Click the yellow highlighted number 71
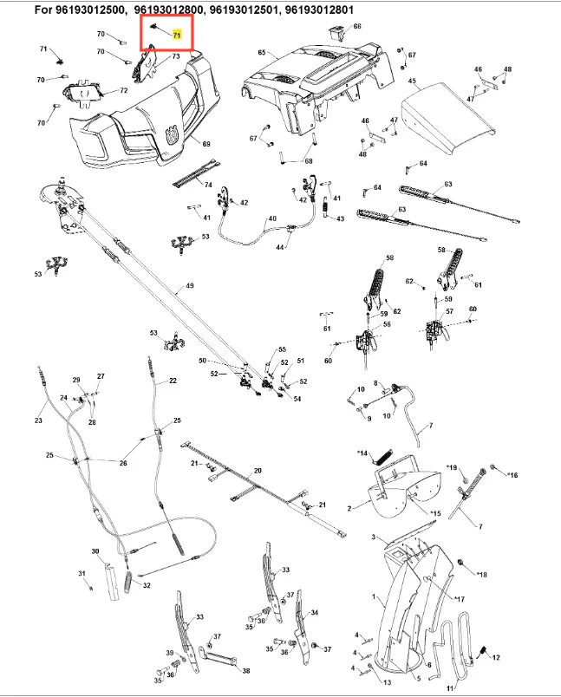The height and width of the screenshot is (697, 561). [178, 36]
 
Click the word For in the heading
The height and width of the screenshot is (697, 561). [19, 10]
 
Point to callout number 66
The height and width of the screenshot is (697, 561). [357, 27]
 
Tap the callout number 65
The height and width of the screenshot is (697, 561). [262, 53]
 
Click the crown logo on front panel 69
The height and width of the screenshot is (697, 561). [172, 134]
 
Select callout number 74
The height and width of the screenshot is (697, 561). [207, 185]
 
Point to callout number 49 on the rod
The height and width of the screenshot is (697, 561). [189, 286]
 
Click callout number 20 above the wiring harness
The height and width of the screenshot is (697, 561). [257, 471]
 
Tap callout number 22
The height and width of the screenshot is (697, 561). [173, 381]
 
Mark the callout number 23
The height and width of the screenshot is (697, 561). [38, 421]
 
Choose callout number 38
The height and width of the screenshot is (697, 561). [245, 671]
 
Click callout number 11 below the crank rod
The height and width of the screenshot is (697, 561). [450, 687]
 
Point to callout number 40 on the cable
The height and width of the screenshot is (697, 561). [272, 218]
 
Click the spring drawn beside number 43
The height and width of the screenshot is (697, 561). [325, 208]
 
